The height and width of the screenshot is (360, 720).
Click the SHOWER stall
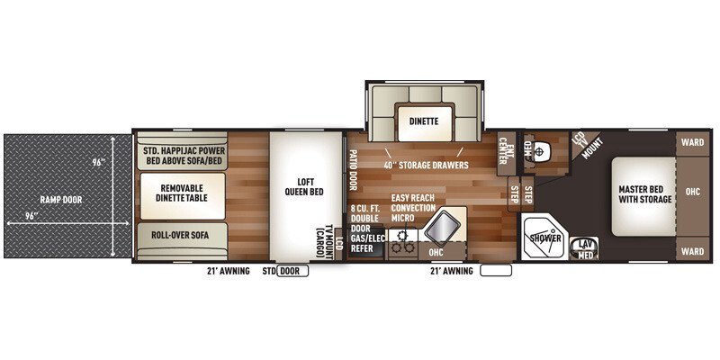[x=545, y=238]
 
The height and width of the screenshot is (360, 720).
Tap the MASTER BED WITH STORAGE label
[x=644, y=193]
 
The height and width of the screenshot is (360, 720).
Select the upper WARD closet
[x=692, y=142]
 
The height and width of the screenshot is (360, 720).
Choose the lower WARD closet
[x=692, y=251]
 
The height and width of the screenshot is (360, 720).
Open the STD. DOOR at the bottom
[x=291, y=269]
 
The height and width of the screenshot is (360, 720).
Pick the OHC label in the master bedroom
[x=692, y=192]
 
